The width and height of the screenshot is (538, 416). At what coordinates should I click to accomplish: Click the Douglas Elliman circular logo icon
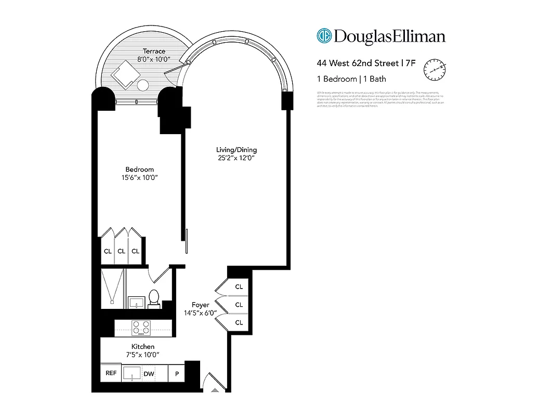pyautogui.click(x=324, y=36)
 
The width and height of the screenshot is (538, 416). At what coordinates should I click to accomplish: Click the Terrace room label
pyautogui.click(x=154, y=51)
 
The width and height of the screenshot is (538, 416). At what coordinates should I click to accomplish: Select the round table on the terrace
pyautogui.click(x=143, y=85)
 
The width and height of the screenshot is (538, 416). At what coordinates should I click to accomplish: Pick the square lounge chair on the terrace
pyautogui.click(x=124, y=74)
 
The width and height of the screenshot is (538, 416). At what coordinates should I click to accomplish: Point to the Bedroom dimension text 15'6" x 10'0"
pyautogui.click(x=139, y=178)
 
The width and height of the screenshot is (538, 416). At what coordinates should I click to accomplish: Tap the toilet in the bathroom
pyautogui.click(x=154, y=297)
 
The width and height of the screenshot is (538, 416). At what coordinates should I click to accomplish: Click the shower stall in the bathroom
pyautogui.click(x=112, y=288)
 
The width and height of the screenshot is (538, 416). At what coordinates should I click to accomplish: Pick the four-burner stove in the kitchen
pyautogui.click(x=141, y=328)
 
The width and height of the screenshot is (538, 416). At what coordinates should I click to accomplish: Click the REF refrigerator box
pyautogui.click(x=111, y=373)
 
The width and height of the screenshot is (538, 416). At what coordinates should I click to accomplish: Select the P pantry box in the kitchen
pyautogui.click(x=177, y=373)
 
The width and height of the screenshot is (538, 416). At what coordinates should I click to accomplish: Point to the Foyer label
pyautogui.click(x=201, y=305)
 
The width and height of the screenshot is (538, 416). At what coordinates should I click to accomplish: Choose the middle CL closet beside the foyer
pyautogui.click(x=239, y=305)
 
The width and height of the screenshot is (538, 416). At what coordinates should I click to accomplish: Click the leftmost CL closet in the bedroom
pyautogui.click(x=107, y=251)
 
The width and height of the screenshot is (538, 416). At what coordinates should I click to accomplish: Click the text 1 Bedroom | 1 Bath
pyautogui.click(x=351, y=79)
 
